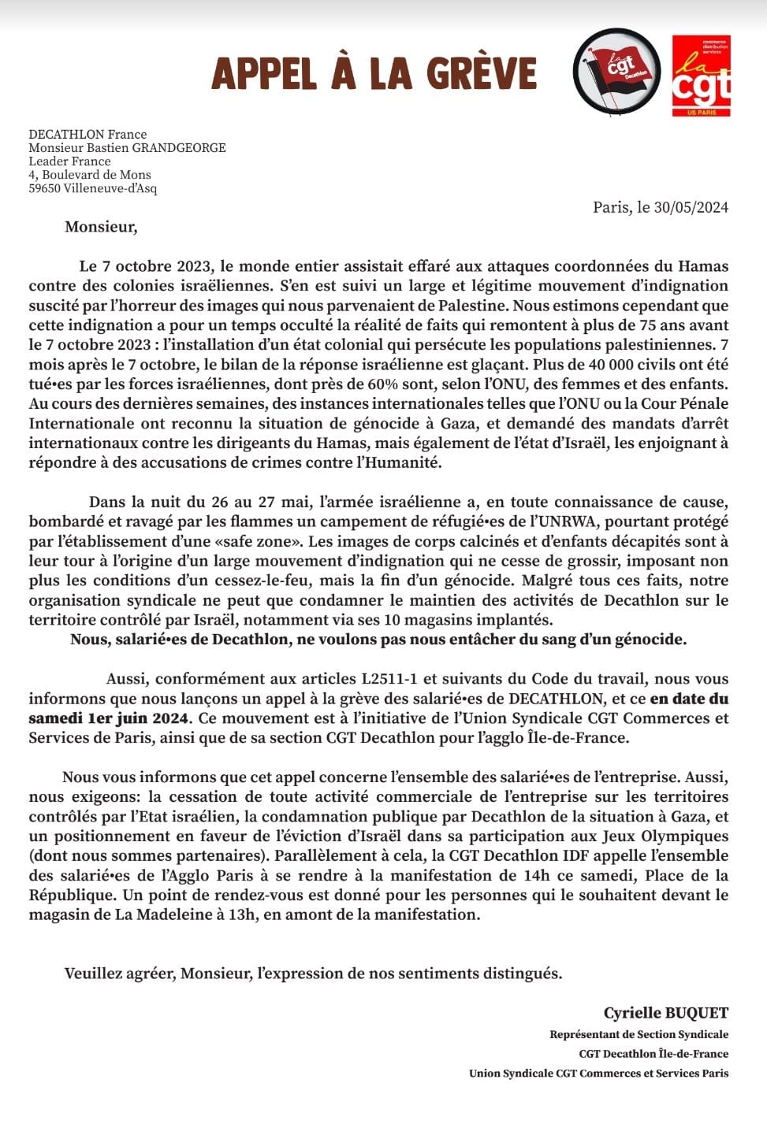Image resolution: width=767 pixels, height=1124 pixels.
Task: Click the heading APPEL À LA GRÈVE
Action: coord(374,73)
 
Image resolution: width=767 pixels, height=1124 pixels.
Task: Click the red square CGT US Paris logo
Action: coord(701,76)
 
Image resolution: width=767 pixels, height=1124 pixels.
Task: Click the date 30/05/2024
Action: coord(691,207)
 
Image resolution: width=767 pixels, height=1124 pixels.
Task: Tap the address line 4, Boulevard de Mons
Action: coord(90,175)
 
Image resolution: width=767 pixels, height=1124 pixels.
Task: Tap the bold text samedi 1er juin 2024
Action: coord(109,718)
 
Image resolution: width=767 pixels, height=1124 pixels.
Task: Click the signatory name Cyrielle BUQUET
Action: coord(666,1014)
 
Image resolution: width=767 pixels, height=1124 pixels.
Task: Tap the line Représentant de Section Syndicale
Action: coord(639,1035)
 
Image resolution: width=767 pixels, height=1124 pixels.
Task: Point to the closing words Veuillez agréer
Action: coord(119,974)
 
